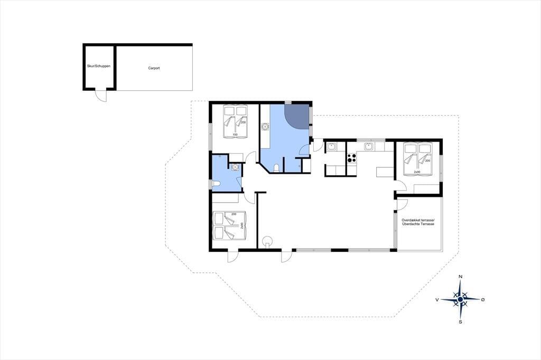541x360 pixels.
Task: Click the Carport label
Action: click(154, 68)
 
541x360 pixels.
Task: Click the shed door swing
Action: click(101, 96)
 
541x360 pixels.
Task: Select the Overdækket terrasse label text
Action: click(418, 220)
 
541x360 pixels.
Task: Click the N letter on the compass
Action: click(460, 277)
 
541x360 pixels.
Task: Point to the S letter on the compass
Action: click(460, 322)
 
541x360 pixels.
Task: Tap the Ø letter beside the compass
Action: click(483, 300)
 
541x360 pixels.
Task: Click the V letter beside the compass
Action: click(437, 300)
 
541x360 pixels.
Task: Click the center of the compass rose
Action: click(460, 299)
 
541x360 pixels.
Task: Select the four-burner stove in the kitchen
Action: click(351, 158)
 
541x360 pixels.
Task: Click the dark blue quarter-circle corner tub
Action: click(296, 117)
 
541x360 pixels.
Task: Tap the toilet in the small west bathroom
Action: click(216, 184)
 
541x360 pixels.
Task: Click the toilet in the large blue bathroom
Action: click(276, 168)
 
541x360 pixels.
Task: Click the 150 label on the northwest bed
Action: click(235, 135)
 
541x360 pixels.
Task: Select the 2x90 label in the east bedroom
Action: click(417, 172)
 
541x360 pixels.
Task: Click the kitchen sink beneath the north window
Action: click(369, 146)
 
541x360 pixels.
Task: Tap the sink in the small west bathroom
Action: click(235, 167)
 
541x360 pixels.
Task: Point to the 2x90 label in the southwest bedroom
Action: click(242, 225)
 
